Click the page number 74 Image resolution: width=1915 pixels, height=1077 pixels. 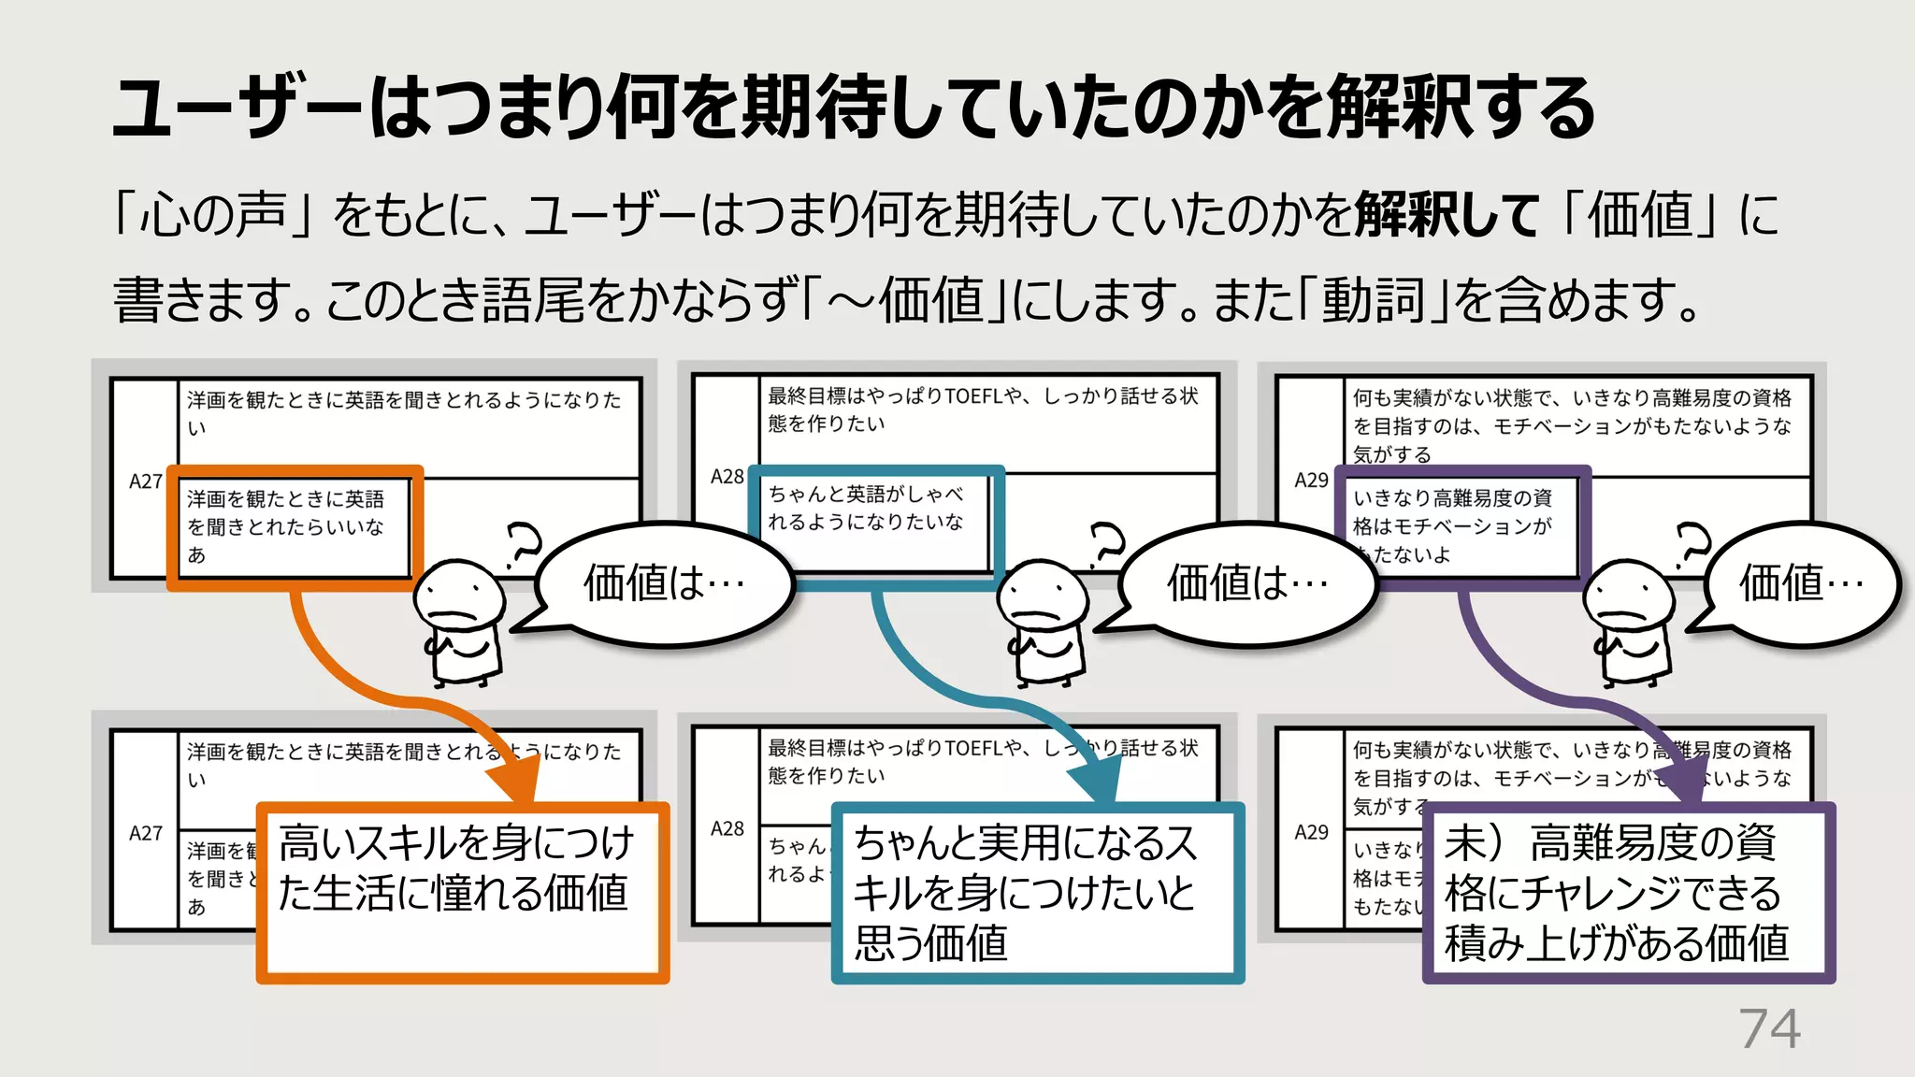pyautogui.click(x=1769, y=1029)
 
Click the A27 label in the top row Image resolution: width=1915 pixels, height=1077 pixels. pyautogui.click(x=145, y=481)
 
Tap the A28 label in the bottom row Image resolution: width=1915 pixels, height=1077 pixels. pyautogui.click(x=727, y=828)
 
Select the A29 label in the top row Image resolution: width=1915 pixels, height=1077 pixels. pyautogui.click(x=1311, y=480)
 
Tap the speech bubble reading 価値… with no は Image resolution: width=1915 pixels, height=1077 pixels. pyautogui.click(x=1801, y=583)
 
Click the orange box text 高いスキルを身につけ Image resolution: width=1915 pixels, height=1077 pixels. pyautogui.click(x=456, y=842)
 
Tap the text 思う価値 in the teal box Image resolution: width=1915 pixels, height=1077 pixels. pyautogui.click(x=930, y=942)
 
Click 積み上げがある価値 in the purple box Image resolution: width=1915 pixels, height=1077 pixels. pyautogui.click(x=1616, y=942)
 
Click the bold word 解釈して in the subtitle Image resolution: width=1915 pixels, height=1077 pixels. pyautogui.click(x=1445, y=215)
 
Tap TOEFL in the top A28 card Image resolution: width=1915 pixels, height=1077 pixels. pyautogui.click(x=973, y=396)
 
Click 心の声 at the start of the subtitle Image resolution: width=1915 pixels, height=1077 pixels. pyautogui.click(x=212, y=215)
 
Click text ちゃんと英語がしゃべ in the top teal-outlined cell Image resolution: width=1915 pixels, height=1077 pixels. pyautogui.click(x=865, y=493)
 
